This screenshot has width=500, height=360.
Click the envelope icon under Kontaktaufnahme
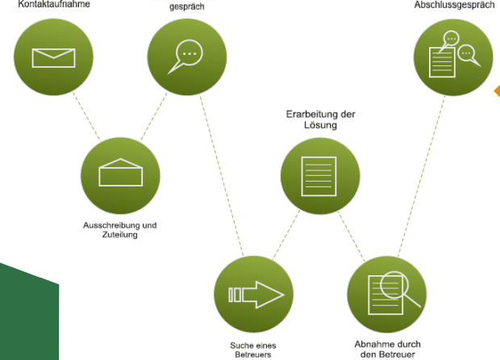tap(53, 57)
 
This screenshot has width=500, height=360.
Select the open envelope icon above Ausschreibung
tap(120, 175)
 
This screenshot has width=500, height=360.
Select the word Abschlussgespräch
tap(454, 5)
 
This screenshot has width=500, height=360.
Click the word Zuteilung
tap(120, 236)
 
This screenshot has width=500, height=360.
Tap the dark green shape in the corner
tap(28, 315)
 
